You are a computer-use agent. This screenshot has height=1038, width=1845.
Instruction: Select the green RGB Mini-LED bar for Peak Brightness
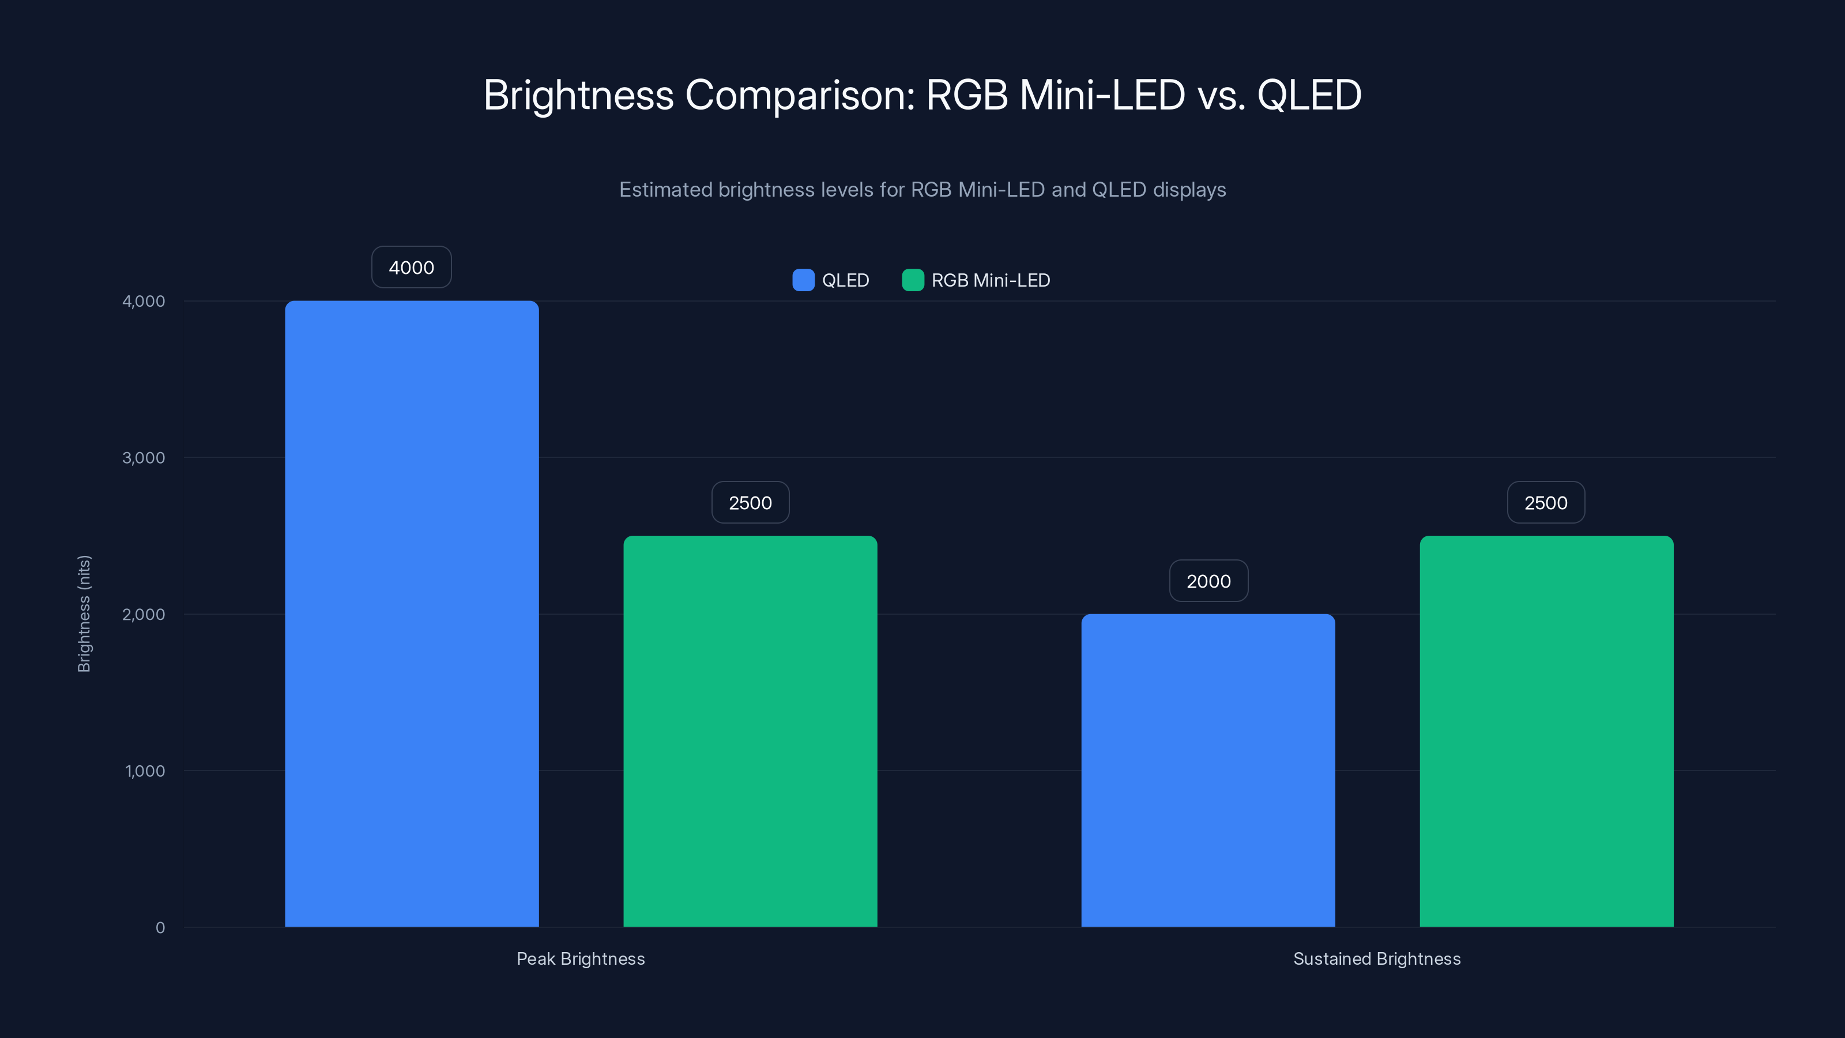[x=750, y=731]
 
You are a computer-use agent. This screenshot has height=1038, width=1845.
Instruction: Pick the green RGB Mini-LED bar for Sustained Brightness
[x=1546, y=731]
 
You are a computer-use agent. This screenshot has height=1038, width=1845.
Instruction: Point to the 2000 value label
[x=1208, y=581]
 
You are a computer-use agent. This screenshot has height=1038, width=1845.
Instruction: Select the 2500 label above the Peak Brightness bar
[x=750, y=503]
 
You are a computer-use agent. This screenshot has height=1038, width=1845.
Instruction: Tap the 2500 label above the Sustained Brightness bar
[x=1546, y=503]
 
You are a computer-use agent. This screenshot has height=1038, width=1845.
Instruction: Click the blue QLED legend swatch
[x=803, y=280]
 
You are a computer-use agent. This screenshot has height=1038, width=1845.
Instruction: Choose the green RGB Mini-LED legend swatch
[x=913, y=280]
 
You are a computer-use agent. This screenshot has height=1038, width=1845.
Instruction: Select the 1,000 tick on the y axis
[x=145, y=771]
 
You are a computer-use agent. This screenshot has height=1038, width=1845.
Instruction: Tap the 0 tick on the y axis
[x=160, y=928]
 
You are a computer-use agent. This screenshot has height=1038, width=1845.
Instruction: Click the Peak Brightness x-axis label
[x=580, y=958]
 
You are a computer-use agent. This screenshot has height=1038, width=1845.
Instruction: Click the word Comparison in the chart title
[x=799, y=95]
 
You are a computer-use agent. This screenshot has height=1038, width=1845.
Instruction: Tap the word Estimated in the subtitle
[x=665, y=190]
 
